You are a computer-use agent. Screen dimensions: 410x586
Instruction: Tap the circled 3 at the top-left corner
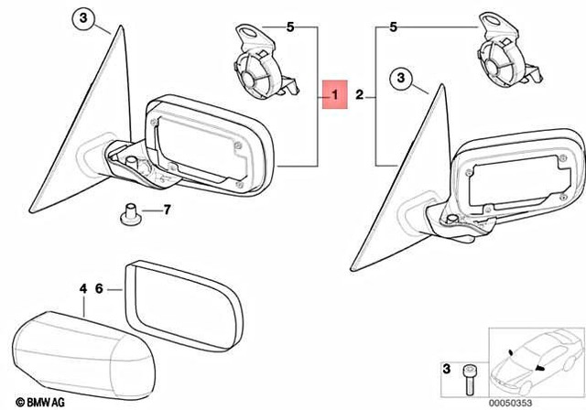(x=82, y=19)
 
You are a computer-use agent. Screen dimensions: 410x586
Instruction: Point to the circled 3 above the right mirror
(x=401, y=80)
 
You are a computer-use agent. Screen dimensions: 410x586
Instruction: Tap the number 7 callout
(x=167, y=210)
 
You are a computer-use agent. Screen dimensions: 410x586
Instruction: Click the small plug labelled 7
(x=129, y=213)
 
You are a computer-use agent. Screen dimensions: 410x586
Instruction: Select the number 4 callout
(x=83, y=288)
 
